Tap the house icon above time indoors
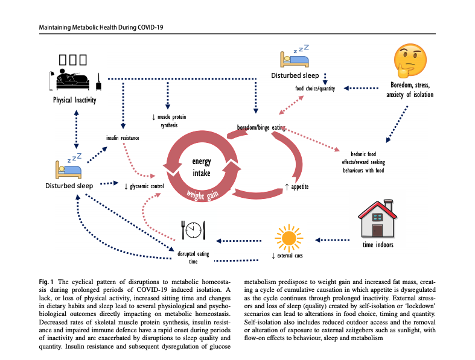378,218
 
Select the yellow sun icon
287,236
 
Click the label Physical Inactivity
75,99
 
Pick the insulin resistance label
123,138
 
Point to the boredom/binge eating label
260,127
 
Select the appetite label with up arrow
296,187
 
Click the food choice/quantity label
316,89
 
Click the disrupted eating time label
193,257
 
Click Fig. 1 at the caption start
47,282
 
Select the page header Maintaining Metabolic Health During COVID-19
101,28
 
